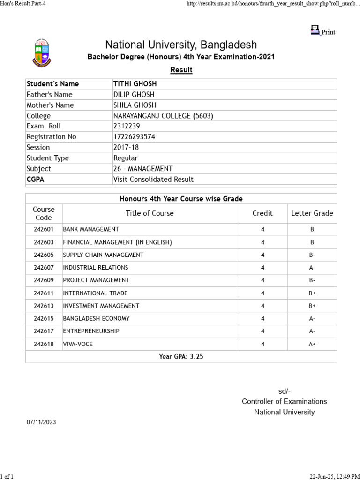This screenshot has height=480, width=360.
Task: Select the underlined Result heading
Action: [181, 70]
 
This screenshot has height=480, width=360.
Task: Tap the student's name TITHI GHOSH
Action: [135, 84]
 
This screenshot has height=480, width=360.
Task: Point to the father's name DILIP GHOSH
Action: [134, 95]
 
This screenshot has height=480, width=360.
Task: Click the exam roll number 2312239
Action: [127, 126]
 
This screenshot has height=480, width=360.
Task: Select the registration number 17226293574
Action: [134, 137]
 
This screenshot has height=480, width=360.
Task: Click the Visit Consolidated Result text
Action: [153, 179]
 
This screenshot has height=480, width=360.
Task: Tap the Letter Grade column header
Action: [312, 213]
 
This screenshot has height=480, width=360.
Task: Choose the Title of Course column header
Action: [150, 213]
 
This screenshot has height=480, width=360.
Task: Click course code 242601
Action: [44, 229]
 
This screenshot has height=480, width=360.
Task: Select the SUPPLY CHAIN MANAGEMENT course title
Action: [103, 255]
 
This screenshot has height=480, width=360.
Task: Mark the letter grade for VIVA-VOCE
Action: [312, 344]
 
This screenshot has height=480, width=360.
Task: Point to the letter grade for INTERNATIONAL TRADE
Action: [312, 293]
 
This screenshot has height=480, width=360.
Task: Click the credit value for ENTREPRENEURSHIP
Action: [262, 331]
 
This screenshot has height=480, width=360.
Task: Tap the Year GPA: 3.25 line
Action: [181, 357]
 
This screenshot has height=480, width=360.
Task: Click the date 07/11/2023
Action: [41, 422]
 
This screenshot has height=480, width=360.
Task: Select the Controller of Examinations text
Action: [284, 401]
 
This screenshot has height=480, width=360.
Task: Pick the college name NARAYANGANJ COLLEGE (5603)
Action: [163, 116]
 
